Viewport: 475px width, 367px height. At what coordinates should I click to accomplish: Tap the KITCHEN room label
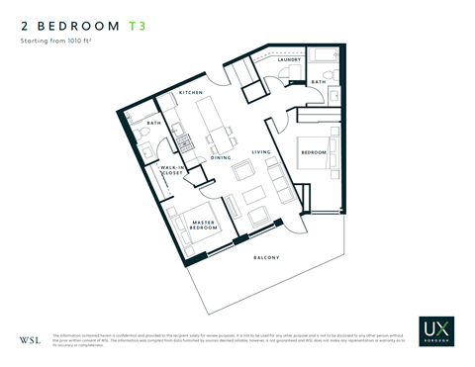pyautogui.click(x=191, y=93)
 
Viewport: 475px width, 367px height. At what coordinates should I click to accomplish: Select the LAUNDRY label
pyautogui.click(x=289, y=60)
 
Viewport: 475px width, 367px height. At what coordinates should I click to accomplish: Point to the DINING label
pyautogui.click(x=221, y=158)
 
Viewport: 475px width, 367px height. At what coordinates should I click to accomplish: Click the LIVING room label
pyautogui.click(x=261, y=151)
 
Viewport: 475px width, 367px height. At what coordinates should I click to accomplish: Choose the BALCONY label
pyautogui.click(x=265, y=258)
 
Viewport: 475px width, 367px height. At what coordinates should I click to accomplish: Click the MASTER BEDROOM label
pyautogui.click(x=205, y=227)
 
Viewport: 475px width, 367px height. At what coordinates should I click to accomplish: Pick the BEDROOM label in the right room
pyautogui.click(x=314, y=153)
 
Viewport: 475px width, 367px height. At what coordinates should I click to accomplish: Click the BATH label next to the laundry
pyautogui.click(x=318, y=82)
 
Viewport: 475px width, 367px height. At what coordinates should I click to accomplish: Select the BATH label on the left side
pyautogui.click(x=153, y=123)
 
